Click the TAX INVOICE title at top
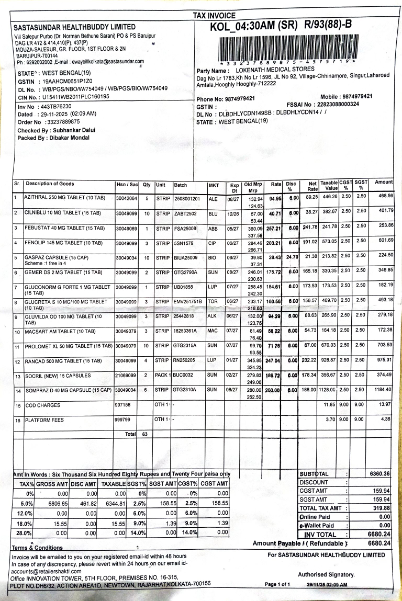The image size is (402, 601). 215,16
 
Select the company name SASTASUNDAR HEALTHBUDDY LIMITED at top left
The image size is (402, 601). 74,27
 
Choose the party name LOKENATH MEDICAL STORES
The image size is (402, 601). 275,70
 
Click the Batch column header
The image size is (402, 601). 181,184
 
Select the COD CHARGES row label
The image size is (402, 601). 40,405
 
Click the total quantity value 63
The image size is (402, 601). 146,434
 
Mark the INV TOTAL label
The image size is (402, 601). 320,535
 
